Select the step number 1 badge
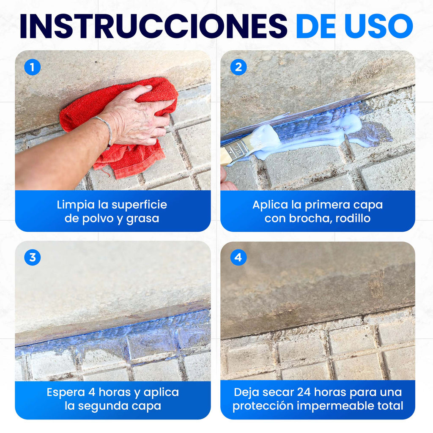[x=32, y=67]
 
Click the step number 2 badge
[x=238, y=67]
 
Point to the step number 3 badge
[x=32, y=258]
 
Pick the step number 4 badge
[x=238, y=258]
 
